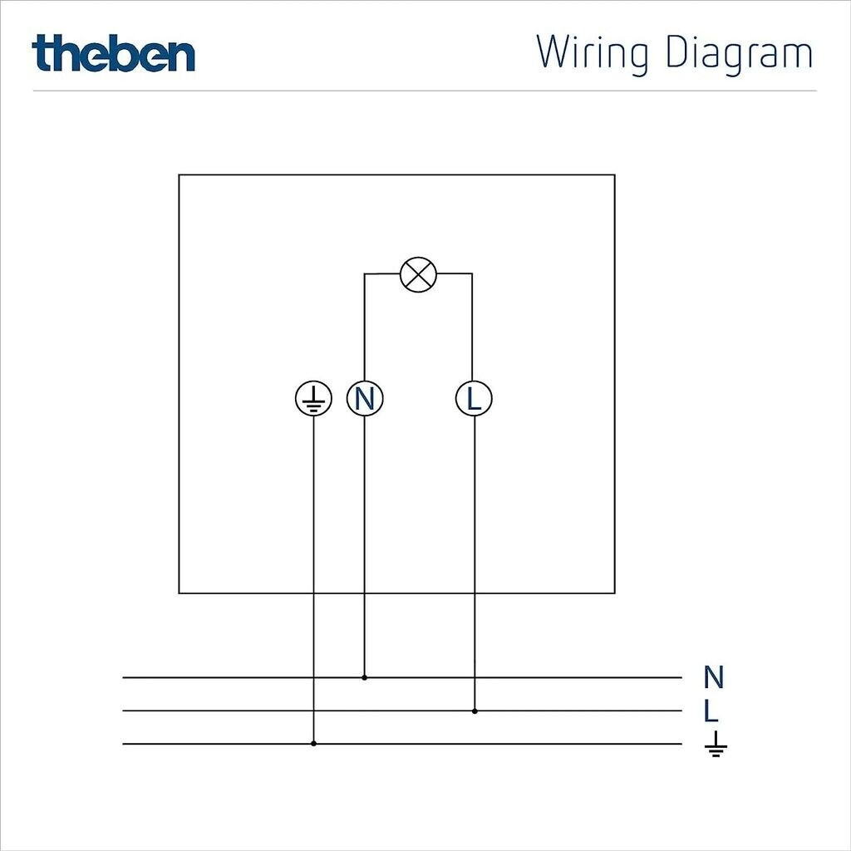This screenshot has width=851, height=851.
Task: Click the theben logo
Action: tap(114, 53)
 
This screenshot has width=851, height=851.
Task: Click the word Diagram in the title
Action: tap(739, 54)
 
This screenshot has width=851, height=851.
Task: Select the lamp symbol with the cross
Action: tap(417, 274)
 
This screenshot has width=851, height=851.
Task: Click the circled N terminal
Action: tap(364, 399)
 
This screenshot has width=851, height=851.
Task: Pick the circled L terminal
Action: tap(474, 399)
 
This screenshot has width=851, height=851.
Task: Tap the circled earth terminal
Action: tap(313, 399)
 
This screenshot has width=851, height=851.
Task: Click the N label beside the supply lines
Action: tap(713, 677)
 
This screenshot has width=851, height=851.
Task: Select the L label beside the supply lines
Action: tap(711, 711)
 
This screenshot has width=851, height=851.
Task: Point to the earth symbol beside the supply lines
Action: tap(715, 745)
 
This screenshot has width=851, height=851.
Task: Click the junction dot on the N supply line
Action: tap(364, 677)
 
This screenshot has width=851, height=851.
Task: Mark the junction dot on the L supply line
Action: tap(475, 711)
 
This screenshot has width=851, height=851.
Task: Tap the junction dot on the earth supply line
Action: tap(313, 744)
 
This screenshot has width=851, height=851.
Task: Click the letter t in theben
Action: tap(42, 53)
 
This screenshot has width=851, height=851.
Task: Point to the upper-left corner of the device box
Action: tap(179, 175)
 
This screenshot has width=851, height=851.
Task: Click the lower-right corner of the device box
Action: tap(615, 593)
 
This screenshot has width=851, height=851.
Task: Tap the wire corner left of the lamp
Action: tap(364, 274)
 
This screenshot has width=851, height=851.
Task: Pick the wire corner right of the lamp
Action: tap(472, 274)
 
